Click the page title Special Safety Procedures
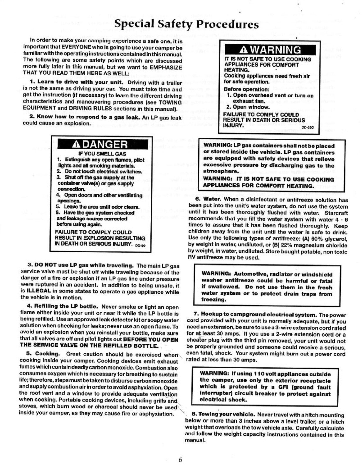186,24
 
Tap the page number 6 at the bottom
181,460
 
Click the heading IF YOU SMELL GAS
102,154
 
